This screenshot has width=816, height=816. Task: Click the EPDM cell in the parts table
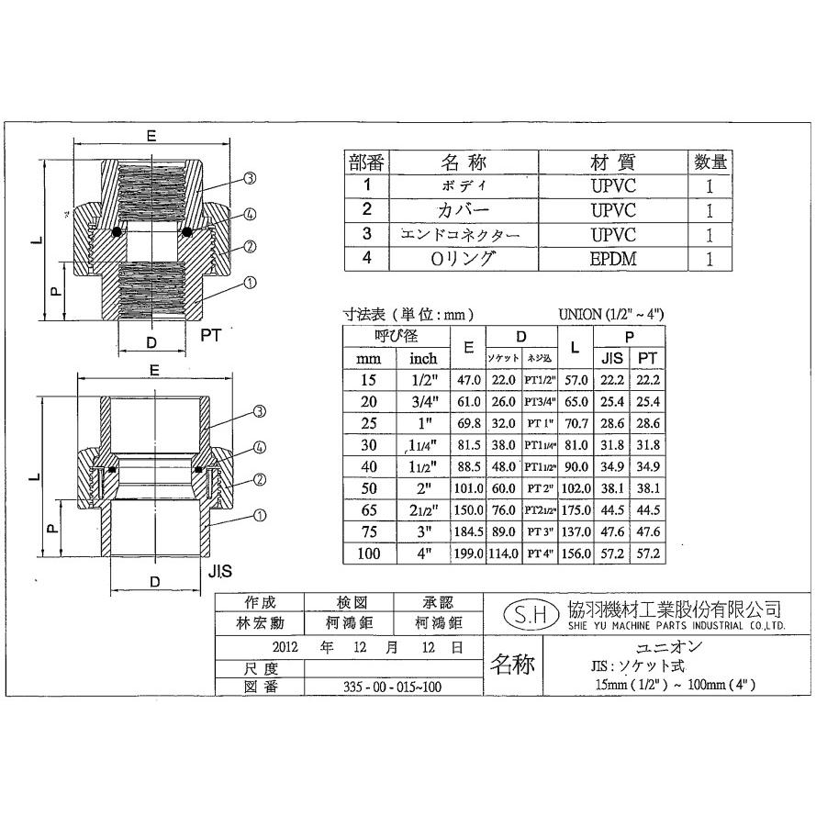tap(613, 259)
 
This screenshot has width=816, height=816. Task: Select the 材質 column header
tap(613, 162)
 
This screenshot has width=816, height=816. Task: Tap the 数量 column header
tap(710, 162)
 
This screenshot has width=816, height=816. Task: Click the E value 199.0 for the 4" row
tap(468, 553)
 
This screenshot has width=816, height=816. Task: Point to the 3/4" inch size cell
tap(423, 401)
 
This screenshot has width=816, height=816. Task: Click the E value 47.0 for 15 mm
tap(468, 379)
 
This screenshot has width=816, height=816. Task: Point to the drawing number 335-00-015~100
tap(392, 687)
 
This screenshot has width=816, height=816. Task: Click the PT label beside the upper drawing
tap(212, 335)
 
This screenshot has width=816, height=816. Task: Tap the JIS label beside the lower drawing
tap(220, 571)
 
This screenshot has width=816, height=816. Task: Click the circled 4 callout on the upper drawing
tap(249, 214)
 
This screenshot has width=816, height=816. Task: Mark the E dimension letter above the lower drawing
tap(153, 371)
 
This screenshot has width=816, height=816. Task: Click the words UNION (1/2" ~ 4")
tap(610, 314)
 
